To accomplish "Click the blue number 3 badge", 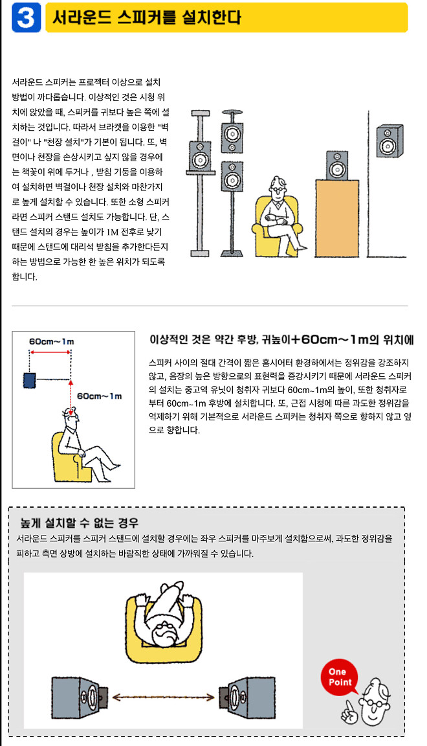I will (x=27, y=18).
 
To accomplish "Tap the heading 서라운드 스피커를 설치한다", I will (x=146, y=18).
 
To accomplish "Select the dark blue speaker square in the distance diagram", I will (x=28, y=380).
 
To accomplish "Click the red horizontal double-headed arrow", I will (x=49, y=353).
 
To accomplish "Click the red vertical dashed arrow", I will (x=71, y=387).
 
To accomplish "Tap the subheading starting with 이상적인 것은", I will (x=281, y=340).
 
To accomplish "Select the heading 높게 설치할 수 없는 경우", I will (x=80, y=522).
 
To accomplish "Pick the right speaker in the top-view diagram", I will (x=247, y=698).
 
